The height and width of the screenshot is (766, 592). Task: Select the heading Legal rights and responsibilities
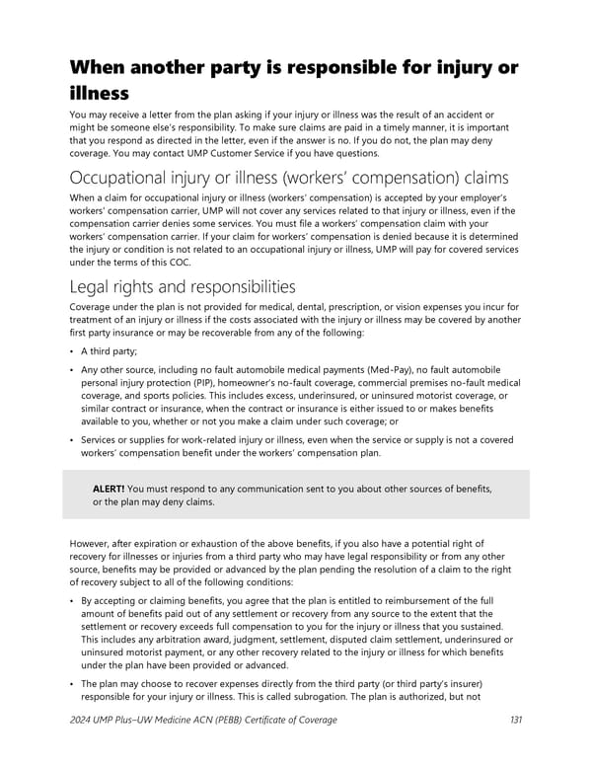[x=183, y=287]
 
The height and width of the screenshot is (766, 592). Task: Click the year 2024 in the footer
[x=84, y=720]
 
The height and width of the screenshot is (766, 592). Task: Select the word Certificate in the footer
[x=269, y=720]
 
